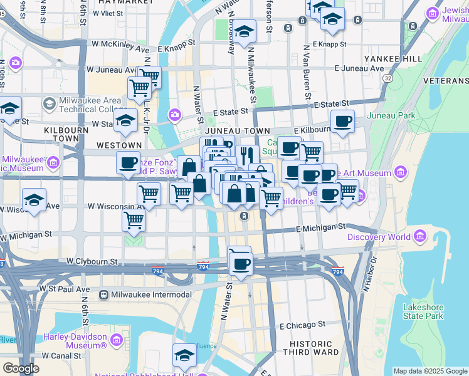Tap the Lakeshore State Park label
point(424,311)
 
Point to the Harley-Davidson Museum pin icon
point(116,340)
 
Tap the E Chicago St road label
point(303,325)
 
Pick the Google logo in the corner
point(21,368)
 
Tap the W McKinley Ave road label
point(120,44)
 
